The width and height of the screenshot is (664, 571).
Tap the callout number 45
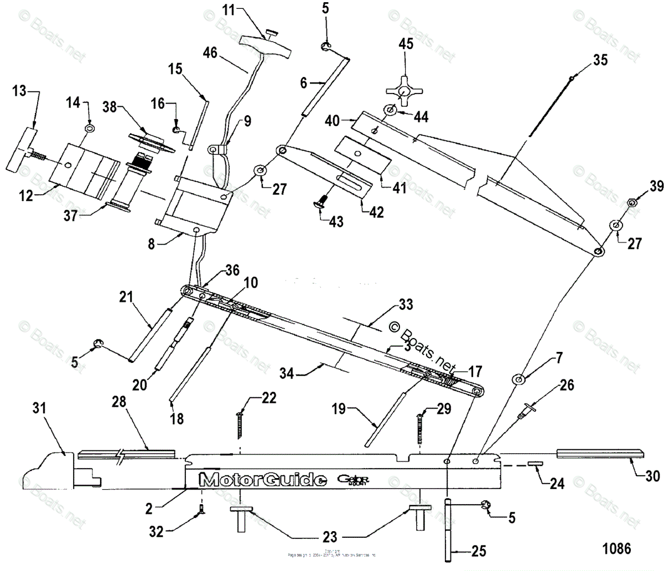pos(406,44)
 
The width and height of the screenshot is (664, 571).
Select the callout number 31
pos(39,410)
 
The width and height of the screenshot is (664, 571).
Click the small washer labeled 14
pos(89,128)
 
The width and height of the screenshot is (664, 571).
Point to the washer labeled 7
pos(520,380)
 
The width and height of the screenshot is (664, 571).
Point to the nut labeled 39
pos(630,204)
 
